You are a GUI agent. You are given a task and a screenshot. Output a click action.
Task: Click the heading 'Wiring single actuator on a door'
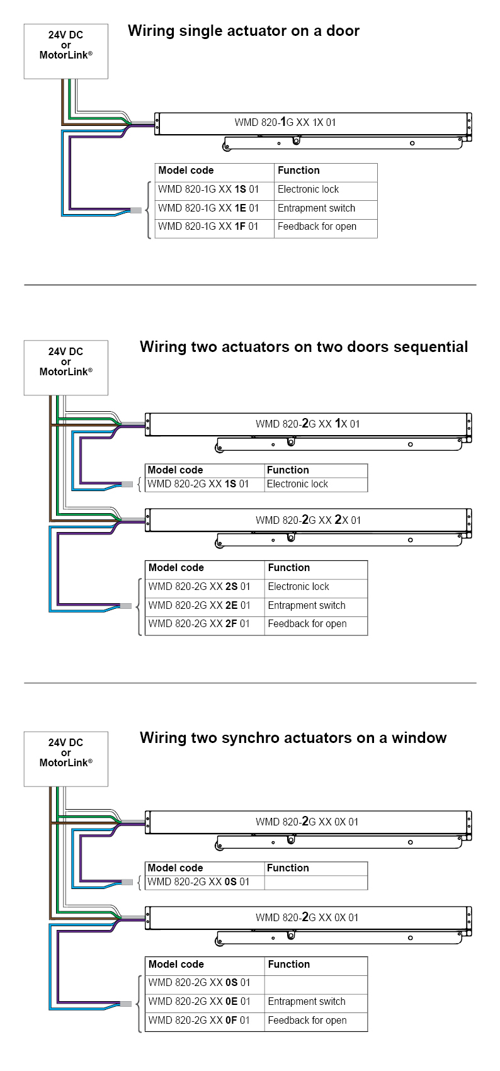click(x=243, y=31)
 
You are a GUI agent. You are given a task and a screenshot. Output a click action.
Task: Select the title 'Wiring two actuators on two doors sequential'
click(x=304, y=347)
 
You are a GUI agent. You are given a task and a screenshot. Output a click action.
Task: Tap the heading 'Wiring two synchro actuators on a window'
click(x=293, y=738)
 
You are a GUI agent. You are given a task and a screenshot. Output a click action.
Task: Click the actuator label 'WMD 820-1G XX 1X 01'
click(x=285, y=122)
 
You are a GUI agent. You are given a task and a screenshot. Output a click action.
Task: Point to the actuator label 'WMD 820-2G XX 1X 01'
click(x=307, y=424)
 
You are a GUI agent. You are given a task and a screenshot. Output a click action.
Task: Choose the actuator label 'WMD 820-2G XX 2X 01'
click(x=308, y=520)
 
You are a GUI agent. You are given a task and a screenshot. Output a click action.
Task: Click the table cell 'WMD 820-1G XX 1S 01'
click(x=208, y=190)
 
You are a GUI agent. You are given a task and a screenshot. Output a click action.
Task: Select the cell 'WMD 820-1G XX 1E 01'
click(x=208, y=208)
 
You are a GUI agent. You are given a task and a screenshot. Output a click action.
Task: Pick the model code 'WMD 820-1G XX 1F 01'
click(x=208, y=227)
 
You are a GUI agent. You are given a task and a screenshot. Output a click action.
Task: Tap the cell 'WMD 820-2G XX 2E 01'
click(x=199, y=606)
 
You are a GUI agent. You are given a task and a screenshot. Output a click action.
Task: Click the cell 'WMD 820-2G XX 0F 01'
click(x=199, y=1021)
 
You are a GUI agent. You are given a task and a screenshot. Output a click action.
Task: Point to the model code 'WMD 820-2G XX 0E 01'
click(x=199, y=1002)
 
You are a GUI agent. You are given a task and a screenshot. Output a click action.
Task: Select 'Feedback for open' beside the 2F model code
click(x=307, y=624)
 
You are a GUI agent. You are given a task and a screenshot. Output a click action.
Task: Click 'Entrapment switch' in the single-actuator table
click(x=316, y=208)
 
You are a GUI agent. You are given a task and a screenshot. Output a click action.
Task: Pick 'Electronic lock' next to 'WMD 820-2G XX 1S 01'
click(x=297, y=484)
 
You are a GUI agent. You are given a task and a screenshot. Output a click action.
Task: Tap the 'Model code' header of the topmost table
click(x=186, y=171)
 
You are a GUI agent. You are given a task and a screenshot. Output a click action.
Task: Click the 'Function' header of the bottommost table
click(x=289, y=965)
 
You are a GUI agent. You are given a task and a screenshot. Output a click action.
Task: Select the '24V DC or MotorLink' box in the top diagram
click(x=66, y=51)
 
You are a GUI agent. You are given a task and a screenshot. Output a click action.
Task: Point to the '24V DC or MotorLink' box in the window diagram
click(x=66, y=759)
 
